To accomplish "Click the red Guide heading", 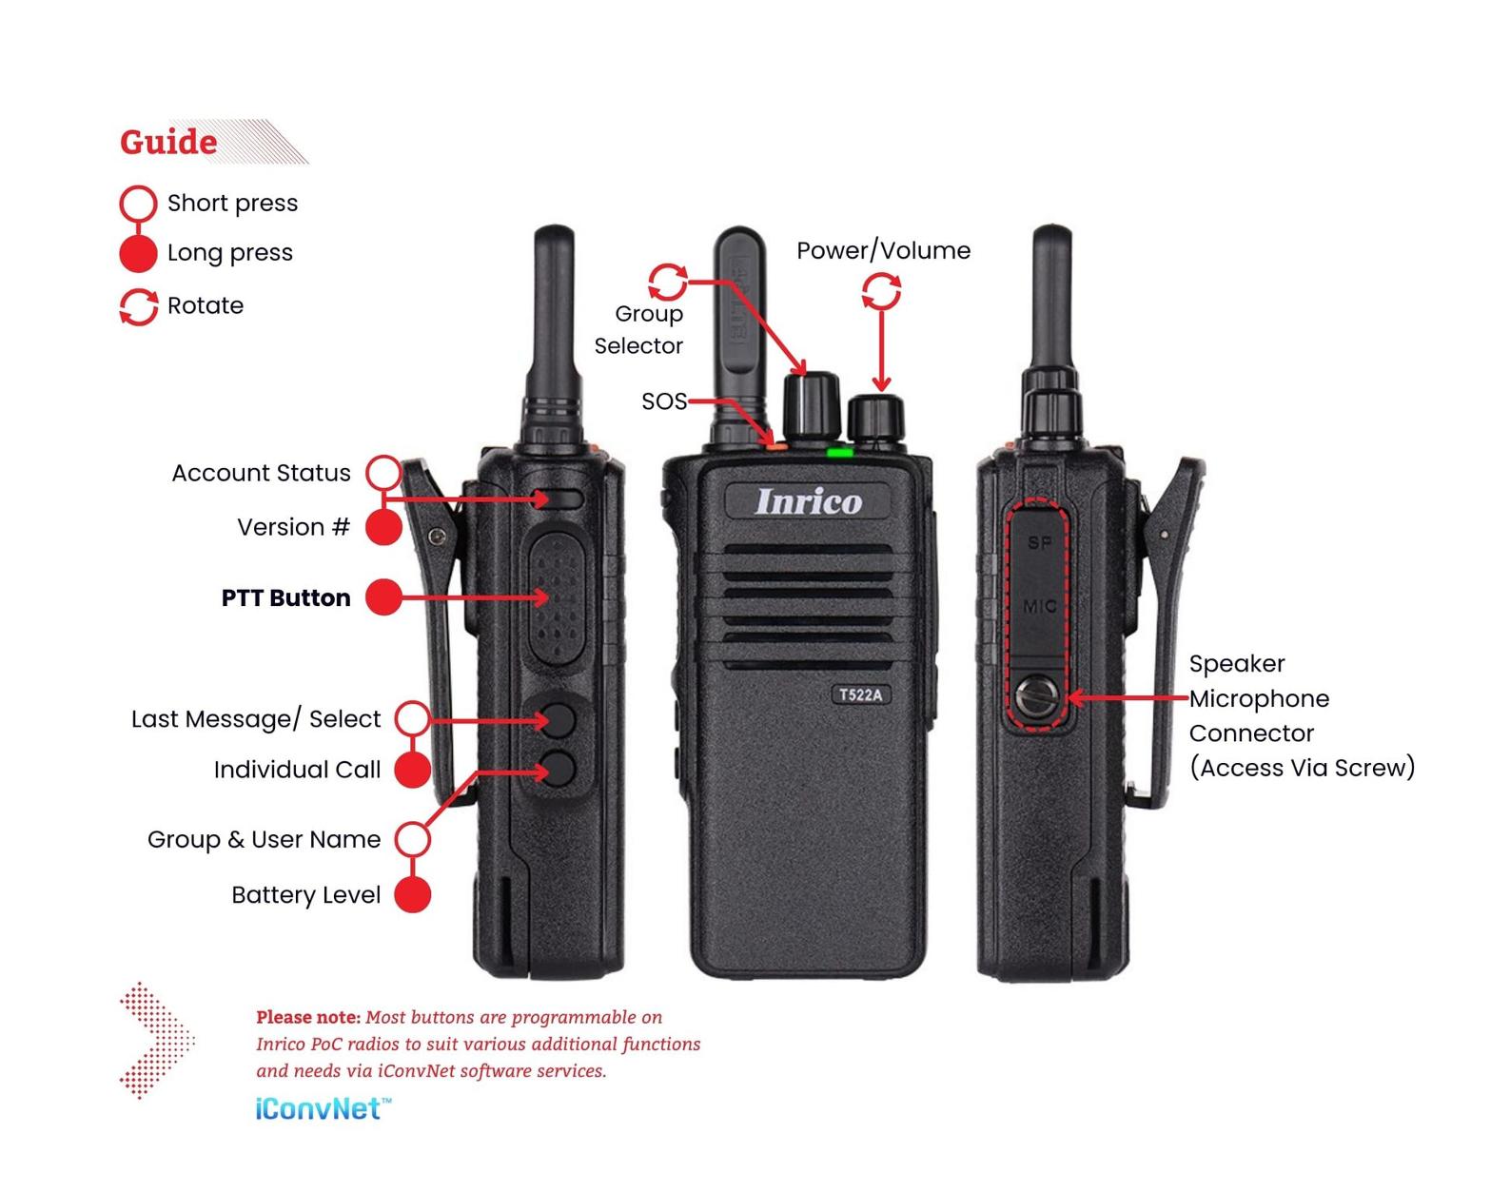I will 168,143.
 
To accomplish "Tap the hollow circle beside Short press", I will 138,204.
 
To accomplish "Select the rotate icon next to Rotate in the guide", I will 138,306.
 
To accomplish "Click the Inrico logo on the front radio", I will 808,501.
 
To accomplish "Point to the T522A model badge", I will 860,694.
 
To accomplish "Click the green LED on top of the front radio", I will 838,452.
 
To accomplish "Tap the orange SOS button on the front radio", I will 775,443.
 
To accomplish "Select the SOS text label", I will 663,401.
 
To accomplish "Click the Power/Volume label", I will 883,250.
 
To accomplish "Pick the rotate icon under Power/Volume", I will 881,291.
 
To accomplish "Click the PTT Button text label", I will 285,597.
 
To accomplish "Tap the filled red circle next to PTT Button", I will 384,597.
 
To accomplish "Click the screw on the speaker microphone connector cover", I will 1035,698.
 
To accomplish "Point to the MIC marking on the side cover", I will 1039,606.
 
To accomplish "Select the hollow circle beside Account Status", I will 384,473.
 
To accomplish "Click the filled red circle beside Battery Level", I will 412,895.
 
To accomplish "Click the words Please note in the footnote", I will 307,1017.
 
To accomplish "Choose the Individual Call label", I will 297,770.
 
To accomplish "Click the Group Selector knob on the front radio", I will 811,403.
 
